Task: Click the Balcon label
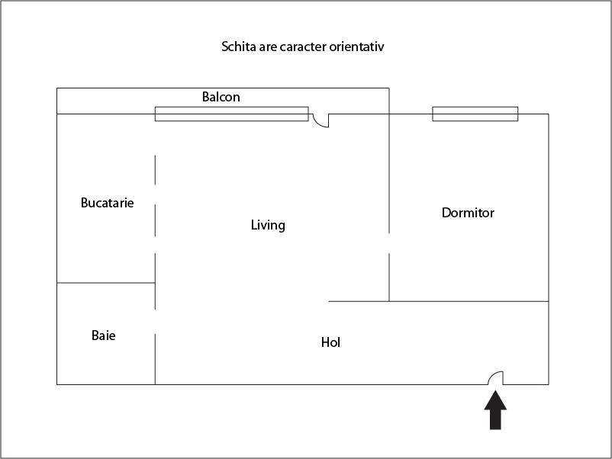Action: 221,97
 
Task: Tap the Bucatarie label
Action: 108,203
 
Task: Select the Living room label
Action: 268,225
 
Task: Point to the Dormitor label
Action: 468,213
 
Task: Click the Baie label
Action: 104,335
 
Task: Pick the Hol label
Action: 330,342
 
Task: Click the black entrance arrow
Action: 495,410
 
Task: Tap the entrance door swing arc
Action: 492,375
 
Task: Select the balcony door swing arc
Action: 317,124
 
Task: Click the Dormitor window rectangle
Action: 475,114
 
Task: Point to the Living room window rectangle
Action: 231,114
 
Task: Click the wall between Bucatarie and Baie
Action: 106,283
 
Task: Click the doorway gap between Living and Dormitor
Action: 388,243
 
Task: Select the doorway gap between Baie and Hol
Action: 155,322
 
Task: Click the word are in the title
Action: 268,47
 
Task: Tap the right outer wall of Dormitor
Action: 549,207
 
